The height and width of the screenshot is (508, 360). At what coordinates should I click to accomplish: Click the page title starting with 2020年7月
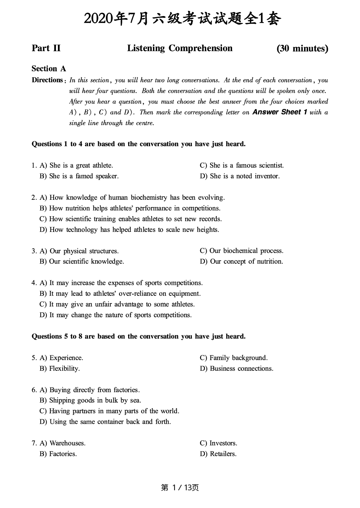pos(183,19)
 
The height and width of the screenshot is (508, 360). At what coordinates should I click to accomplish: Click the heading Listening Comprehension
pos(179,48)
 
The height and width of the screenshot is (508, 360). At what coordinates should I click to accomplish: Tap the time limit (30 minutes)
pos(302,49)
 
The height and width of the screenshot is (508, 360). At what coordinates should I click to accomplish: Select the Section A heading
pos(49,69)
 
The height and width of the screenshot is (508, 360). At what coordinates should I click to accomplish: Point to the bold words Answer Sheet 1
pos(280,112)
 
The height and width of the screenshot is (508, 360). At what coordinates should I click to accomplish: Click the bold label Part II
pos(46,48)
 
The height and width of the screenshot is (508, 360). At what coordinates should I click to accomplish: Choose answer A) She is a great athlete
pos(76,165)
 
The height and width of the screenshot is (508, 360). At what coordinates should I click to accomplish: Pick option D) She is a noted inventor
pos(239,176)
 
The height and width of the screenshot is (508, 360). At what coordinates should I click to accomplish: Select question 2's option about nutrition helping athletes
pos(130,208)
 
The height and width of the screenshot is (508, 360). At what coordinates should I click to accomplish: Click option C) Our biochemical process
pos(241,251)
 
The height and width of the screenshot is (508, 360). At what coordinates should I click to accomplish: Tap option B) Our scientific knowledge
pos(82,261)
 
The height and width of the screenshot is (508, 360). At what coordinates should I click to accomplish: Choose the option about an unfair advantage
pos(117,304)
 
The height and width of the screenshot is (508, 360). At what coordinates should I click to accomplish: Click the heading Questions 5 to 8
pos(138,336)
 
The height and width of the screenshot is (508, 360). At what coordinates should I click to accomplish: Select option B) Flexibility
pos(60,368)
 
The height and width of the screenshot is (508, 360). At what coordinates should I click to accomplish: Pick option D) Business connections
pos(236,368)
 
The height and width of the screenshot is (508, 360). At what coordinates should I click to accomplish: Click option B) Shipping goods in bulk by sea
pos(90,400)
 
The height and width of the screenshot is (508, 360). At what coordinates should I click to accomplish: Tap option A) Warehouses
pos(63,443)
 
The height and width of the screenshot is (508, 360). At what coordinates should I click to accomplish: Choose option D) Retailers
pos(218,454)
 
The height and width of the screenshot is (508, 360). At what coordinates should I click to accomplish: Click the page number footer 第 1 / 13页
pos(180,488)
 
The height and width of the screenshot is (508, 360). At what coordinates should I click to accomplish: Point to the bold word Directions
pos(47,80)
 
